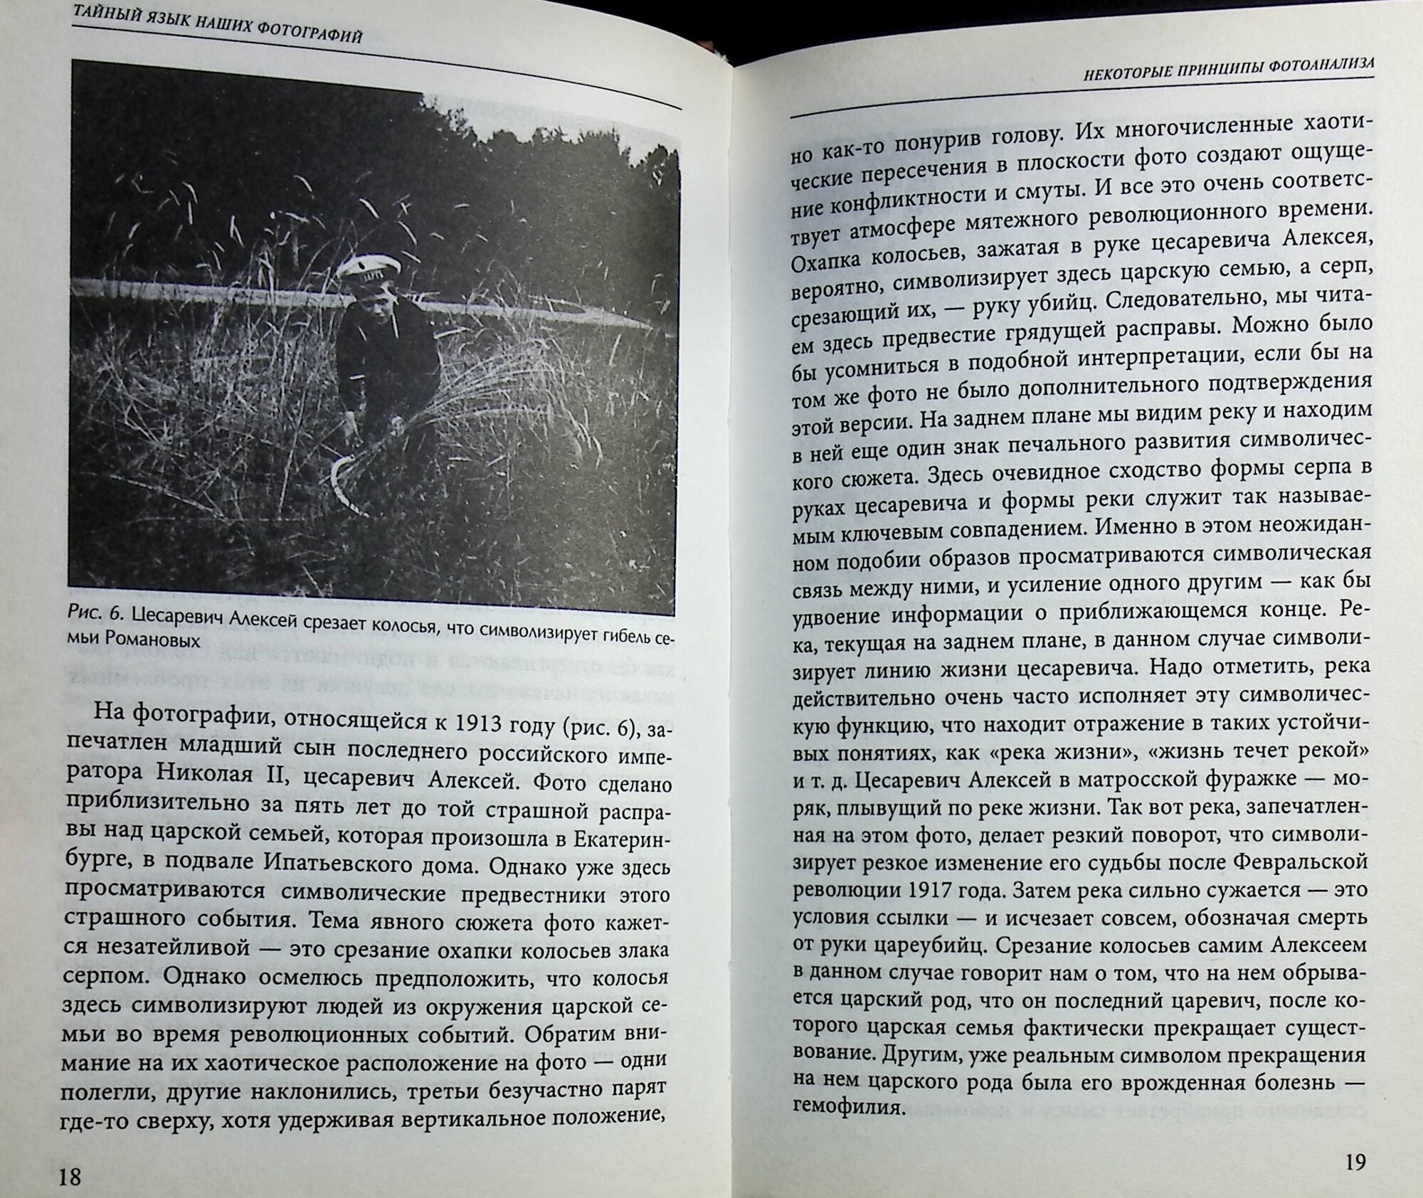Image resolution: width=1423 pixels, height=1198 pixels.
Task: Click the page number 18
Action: point(70,1176)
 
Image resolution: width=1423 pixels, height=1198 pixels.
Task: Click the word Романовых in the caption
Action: point(151,640)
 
